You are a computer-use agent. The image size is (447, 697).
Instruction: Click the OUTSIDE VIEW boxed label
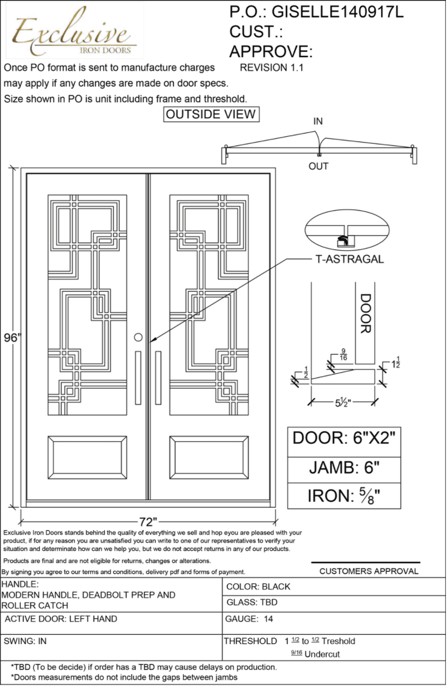point(211,115)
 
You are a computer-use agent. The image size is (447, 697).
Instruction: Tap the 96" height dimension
point(12,338)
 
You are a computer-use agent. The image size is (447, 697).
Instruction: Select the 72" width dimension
point(147,522)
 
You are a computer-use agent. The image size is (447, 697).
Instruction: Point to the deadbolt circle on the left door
point(138,338)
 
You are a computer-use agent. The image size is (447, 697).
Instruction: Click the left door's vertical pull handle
point(138,377)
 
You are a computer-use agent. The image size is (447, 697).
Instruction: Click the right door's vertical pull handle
point(158,377)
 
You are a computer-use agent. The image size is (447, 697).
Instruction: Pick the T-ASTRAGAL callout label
point(349,259)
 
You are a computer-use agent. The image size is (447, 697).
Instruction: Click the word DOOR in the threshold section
point(365,313)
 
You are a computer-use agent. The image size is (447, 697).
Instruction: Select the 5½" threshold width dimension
point(343,402)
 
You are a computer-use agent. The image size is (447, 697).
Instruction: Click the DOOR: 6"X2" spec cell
point(344,438)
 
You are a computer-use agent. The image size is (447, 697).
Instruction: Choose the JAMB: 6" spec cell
point(344,467)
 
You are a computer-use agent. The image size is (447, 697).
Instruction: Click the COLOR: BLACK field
point(258,586)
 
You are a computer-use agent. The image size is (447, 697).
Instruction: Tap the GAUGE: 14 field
point(249,619)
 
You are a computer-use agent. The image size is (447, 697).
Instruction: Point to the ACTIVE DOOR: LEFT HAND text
point(60,619)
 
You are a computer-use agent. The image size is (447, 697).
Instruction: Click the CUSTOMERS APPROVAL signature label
point(369,571)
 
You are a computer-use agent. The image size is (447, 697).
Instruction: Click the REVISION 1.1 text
point(272,68)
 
